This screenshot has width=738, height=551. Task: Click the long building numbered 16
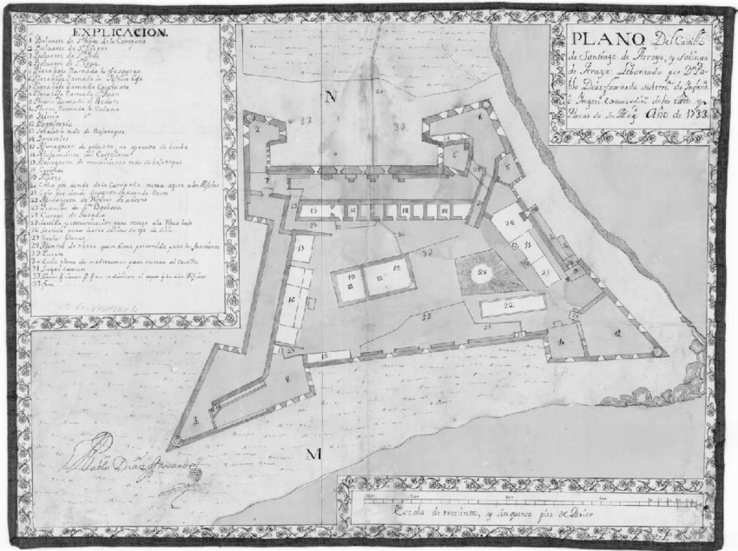tap(292, 300)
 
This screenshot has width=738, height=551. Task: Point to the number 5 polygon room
tap(507, 165)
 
